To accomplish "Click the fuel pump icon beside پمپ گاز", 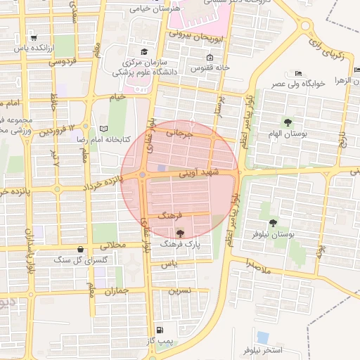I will (x=160, y=330).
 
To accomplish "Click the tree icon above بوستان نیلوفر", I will (x=264, y=206).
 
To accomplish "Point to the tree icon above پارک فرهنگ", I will (x=181, y=233).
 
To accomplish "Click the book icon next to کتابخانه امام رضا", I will (x=105, y=129).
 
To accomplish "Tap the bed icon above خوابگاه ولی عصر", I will (x=298, y=72).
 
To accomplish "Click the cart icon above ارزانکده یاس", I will (x=32, y=37).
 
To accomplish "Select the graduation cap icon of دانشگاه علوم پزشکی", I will (x=144, y=51).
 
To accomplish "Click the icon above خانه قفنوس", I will (x=209, y=58).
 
